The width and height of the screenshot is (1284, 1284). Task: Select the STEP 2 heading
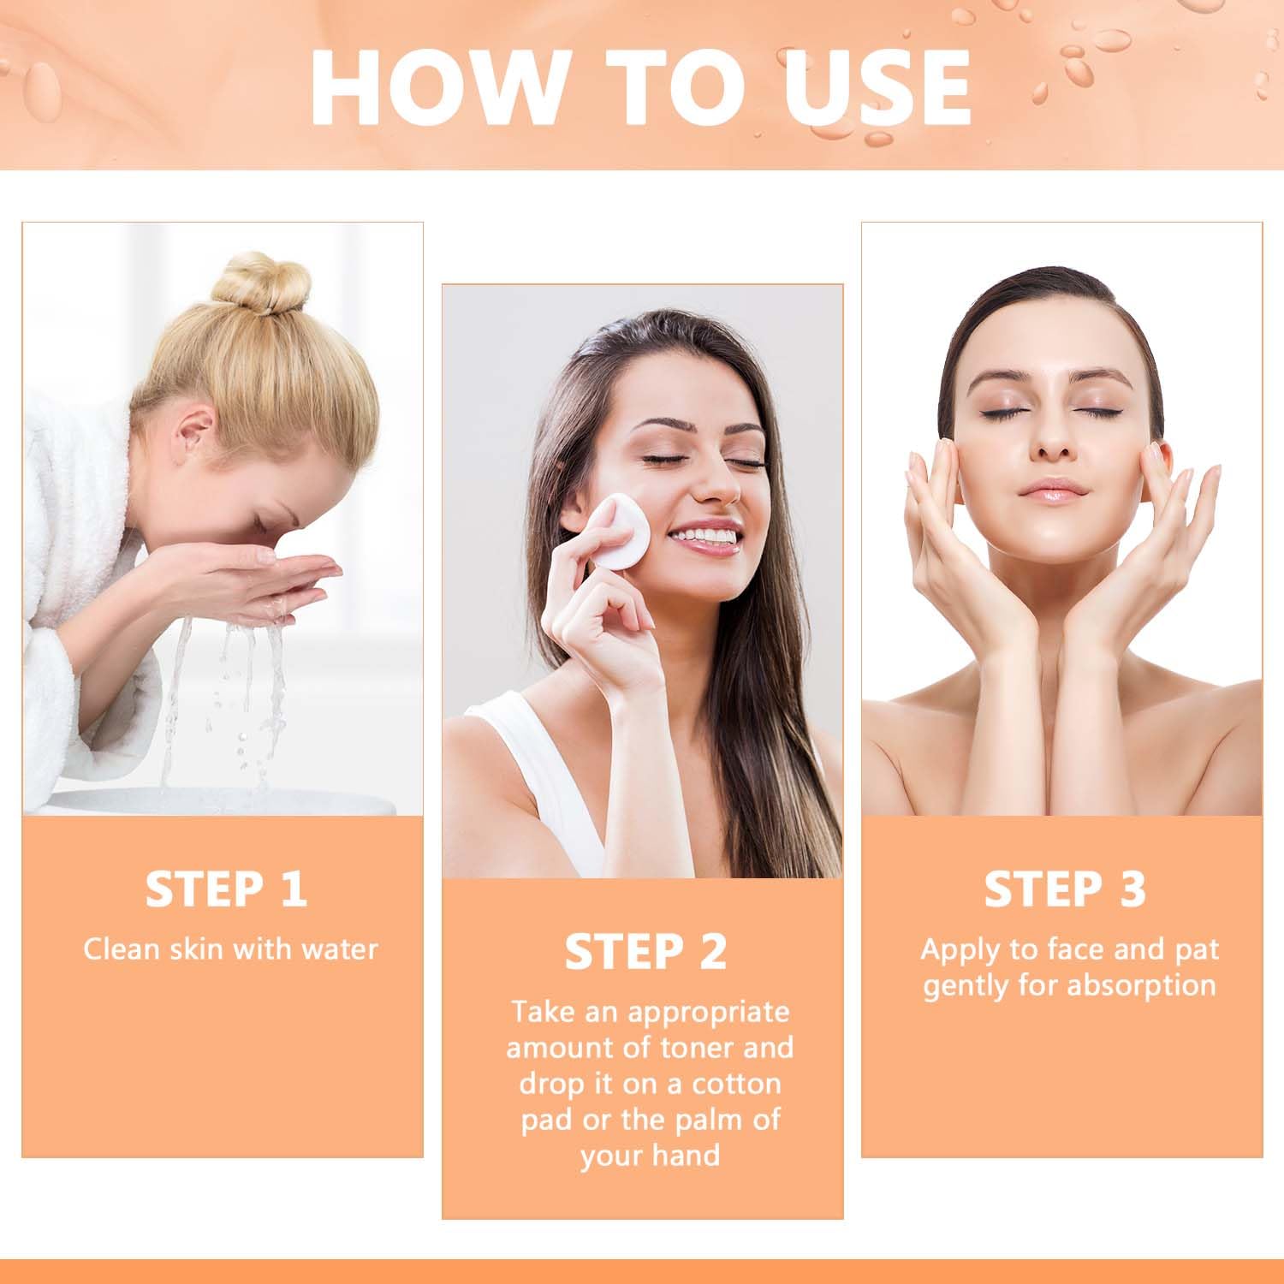645,951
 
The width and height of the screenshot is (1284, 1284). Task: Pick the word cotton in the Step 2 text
736,1083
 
